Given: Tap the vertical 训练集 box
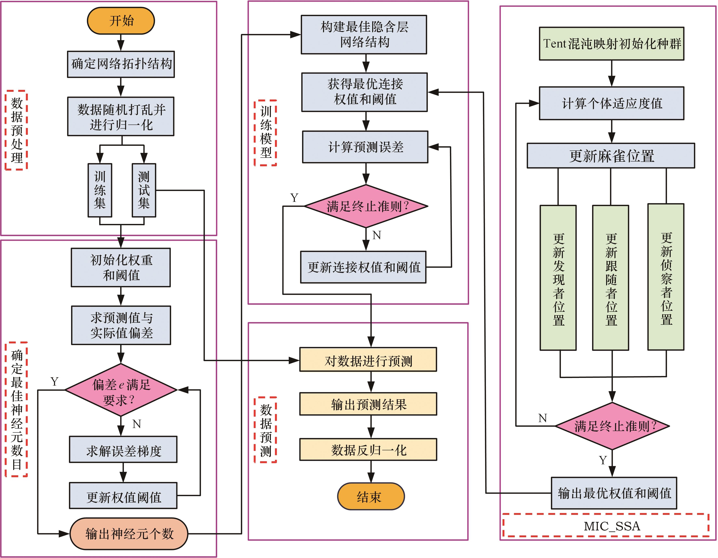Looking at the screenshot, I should pos(100,190).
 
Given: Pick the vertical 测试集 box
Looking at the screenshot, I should pos(144,190).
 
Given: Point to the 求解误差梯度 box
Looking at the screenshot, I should pos(123,450).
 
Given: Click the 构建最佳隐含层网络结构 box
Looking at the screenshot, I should pos(364,34).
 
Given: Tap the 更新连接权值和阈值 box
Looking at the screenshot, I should pos(363,267).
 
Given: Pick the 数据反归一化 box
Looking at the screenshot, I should pos(368,450).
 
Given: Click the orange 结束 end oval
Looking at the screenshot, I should pos(371,496).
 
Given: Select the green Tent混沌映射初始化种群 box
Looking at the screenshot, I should pos(611,44).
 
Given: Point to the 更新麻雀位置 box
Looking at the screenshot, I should pos(611,156).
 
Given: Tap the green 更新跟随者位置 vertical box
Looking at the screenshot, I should pos(611,278).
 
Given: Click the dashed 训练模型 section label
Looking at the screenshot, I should pos(265,133).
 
